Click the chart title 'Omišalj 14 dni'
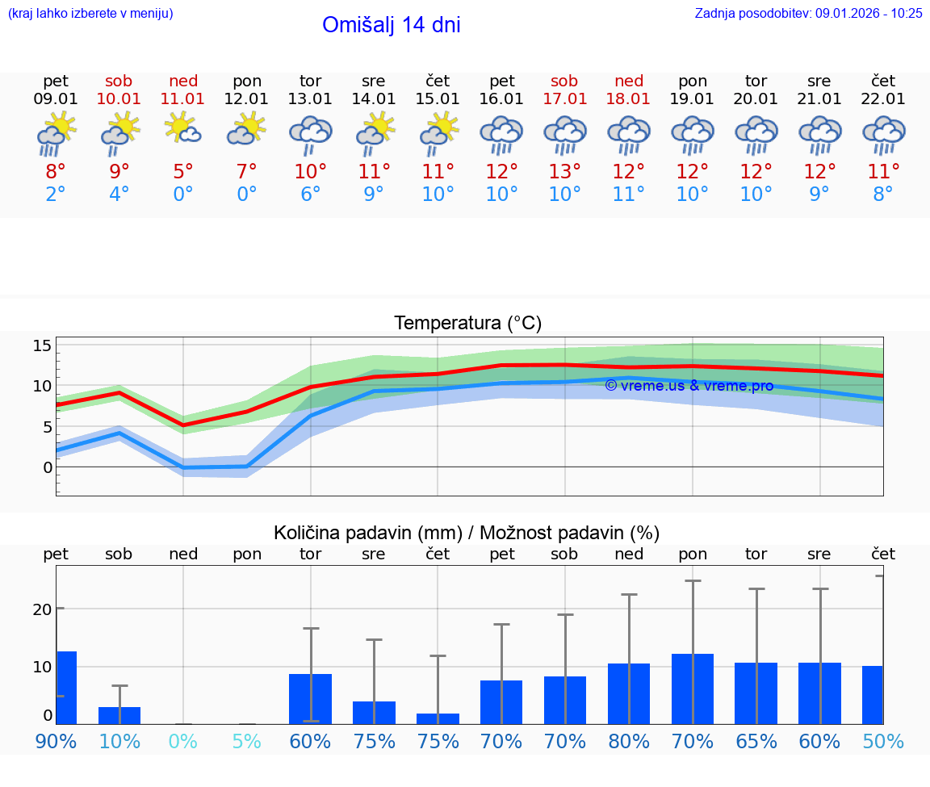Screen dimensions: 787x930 (x=391, y=25)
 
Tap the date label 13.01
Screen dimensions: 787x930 (x=310, y=99)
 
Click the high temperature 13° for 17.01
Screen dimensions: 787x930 (x=564, y=171)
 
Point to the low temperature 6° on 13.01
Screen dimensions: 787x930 (x=310, y=195)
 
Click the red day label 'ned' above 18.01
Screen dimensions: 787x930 (x=629, y=81)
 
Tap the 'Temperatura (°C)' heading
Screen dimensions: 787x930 (x=467, y=324)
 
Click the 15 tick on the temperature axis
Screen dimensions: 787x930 (x=42, y=345)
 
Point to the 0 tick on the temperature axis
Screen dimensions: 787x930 (x=48, y=467)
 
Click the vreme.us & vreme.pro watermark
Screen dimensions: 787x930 (x=689, y=386)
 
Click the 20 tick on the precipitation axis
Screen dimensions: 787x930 (x=42, y=609)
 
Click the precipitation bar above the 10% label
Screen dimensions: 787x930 (x=119, y=715)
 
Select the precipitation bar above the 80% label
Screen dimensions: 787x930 (x=629, y=693)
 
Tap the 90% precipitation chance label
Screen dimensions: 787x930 (x=56, y=741)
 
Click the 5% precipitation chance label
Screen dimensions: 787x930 (x=247, y=741)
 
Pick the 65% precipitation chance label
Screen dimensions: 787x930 (x=756, y=741)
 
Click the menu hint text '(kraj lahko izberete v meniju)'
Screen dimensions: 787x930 (x=90, y=14)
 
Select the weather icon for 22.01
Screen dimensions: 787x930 (x=883, y=134)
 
